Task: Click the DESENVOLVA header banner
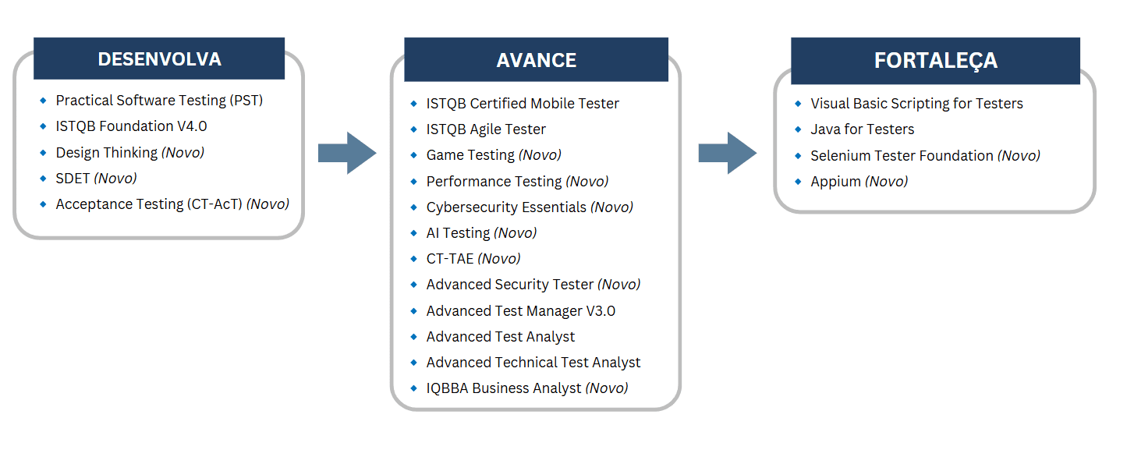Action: point(159,58)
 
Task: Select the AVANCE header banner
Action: point(537,59)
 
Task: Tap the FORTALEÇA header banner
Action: point(935,60)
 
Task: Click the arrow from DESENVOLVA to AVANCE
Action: point(347,153)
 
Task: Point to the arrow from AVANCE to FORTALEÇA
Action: point(728,153)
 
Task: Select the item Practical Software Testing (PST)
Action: point(159,101)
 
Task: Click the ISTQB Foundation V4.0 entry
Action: point(131,126)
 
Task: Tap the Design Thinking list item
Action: point(129,153)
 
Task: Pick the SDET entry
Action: point(96,178)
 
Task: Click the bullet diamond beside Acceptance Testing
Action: point(43,204)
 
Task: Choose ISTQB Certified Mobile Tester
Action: point(523,104)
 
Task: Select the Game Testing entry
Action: point(494,155)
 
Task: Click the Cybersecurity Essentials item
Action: point(530,207)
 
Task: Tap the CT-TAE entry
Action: point(473,259)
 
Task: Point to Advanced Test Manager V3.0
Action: point(521,311)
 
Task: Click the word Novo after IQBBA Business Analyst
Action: point(607,388)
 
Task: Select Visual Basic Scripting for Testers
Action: point(916,104)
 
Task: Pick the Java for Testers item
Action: point(863,129)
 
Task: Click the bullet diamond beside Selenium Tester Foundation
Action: point(798,156)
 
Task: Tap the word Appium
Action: point(835,182)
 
